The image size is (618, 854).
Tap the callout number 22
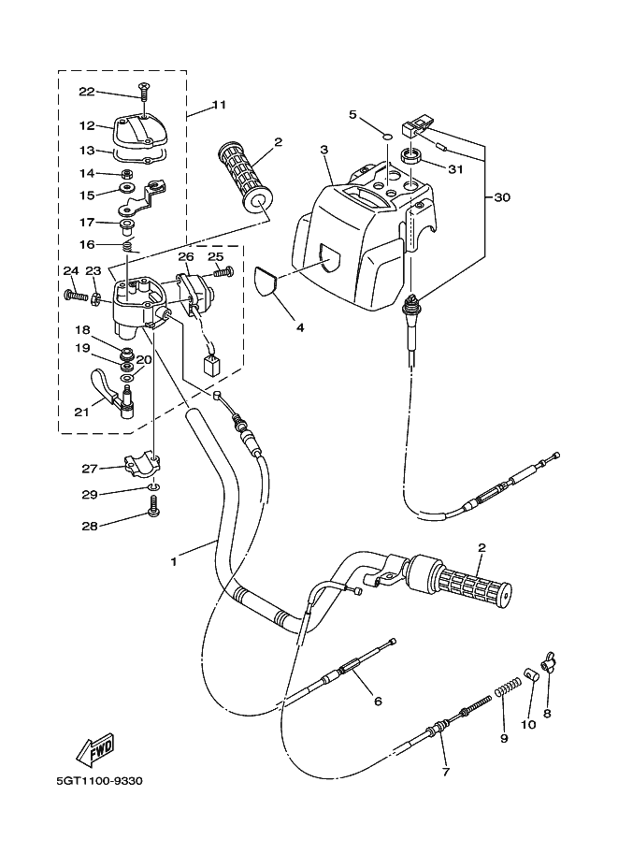click(87, 92)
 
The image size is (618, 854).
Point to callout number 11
click(219, 104)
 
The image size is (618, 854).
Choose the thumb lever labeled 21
click(116, 393)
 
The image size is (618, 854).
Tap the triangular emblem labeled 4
click(268, 282)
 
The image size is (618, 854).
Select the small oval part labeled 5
click(386, 137)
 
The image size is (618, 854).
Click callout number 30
click(502, 197)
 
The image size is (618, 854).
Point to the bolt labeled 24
click(76, 296)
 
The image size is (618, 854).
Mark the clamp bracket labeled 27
click(143, 461)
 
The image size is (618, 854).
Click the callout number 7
click(445, 771)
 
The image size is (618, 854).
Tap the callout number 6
click(378, 701)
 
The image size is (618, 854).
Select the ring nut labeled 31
click(414, 156)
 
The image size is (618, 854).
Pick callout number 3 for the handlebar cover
click(324, 150)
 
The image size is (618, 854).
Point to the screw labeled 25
click(223, 271)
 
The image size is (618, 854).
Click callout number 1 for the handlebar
click(174, 561)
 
